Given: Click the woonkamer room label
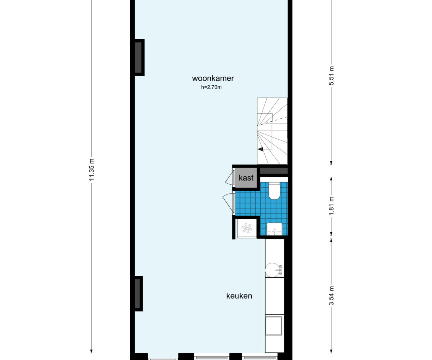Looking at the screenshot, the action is [x=213, y=78].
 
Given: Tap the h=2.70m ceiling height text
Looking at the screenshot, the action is [x=211, y=87].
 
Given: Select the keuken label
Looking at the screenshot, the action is [x=239, y=296].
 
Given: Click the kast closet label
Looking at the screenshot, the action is [x=246, y=178].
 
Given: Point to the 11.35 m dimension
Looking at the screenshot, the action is [x=91, y=170].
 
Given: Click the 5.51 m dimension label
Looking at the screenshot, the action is [x=331, y=76].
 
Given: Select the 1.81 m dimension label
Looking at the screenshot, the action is [x=331, y=206].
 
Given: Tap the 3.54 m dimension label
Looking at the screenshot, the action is [x=331, y=296].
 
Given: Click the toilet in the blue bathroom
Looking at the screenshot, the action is [x=274, y=190].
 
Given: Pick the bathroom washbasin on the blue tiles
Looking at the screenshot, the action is [x=275, y=229].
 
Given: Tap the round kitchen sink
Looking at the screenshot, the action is [x=272, y=270].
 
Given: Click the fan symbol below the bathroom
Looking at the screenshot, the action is [x=247, y=228].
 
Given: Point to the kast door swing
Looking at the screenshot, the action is [x=229, y=178].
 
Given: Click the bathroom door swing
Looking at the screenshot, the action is [x=228, y=204].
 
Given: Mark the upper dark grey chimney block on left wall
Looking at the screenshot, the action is [x=138, y=58].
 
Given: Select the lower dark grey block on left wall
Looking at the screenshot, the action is [x=138, y=294].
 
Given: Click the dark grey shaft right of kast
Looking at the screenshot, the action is [x=274, y=171].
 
